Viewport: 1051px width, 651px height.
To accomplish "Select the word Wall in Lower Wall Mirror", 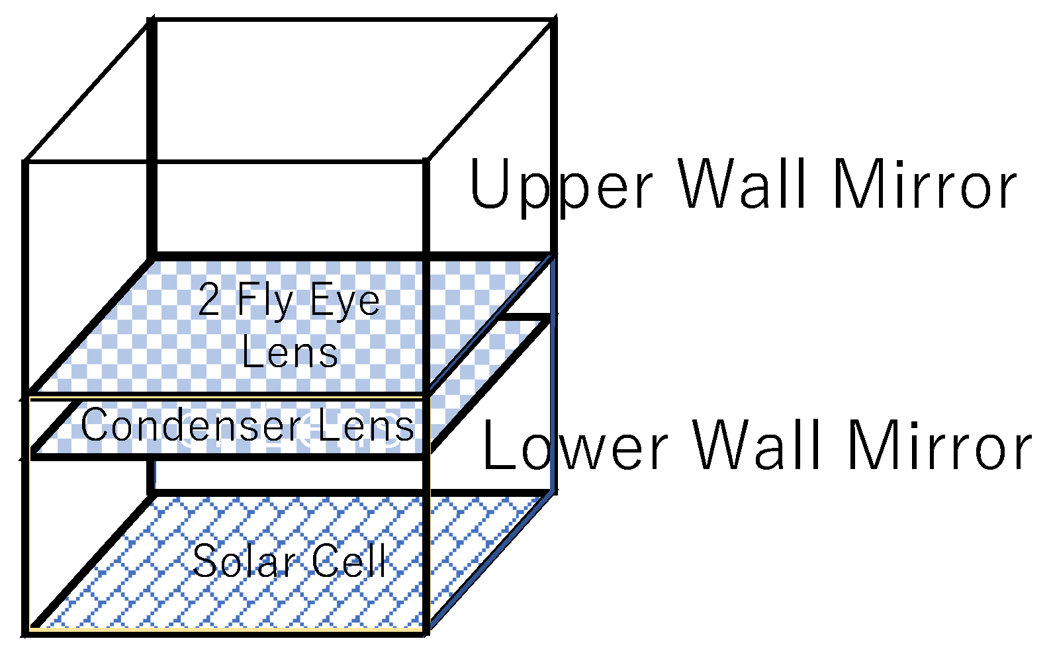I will pyautogui.click(x=757, y=447).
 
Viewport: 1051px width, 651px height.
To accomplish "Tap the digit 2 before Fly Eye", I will pyautogui.click(x=209, y=301).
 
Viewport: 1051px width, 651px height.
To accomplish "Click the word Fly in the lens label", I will pyautogui.click(x=265, y=301).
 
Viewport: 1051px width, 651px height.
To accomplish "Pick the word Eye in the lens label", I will pyautogui.click(x=345, y=301).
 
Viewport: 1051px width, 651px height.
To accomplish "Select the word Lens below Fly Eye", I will pyautogui.click(x=290, y=353).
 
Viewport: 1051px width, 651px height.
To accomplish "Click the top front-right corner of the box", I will pyautogui.click(x=426, y=161).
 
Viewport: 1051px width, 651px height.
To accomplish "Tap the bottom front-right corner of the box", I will pyautogui.click(x=426, y=632).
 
